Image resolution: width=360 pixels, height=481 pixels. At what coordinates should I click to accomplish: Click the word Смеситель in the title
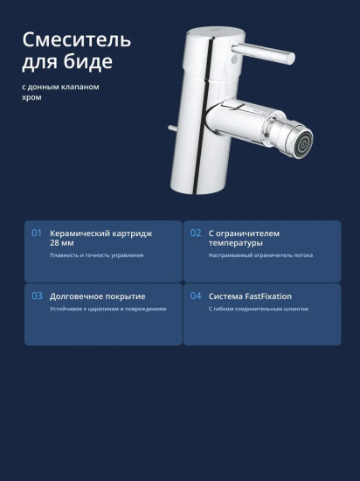point(77,40)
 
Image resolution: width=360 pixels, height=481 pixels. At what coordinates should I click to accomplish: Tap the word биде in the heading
point(88,62)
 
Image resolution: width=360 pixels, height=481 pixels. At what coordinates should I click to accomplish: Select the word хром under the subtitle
point(31,98)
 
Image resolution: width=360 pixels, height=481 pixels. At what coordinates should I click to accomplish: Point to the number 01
point(37,234)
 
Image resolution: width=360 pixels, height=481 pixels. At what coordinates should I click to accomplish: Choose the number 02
point(196,234)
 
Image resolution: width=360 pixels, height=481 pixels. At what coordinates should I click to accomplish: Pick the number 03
point(37,296)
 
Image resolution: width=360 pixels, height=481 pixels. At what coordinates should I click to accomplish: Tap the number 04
point(196,296)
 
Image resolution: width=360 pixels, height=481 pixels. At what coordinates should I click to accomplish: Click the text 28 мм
point(62,243)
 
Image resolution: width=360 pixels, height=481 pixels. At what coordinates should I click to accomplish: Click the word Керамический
point(80,234)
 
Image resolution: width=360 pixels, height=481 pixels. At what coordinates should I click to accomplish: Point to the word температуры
point(236,243)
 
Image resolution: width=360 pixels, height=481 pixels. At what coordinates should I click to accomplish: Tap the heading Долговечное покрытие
point(98,296)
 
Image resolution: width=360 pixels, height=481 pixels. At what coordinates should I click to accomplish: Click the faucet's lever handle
point(264,53)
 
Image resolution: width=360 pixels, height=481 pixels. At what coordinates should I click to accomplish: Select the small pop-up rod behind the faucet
point(172,128)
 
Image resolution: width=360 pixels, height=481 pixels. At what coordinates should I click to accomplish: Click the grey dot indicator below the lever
point(233,59)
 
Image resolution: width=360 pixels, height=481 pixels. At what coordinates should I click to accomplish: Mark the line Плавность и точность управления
point(96,255)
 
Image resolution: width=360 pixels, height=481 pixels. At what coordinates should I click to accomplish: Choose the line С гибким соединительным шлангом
point(259,309)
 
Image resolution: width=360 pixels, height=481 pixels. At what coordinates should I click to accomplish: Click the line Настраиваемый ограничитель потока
point(260,255)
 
